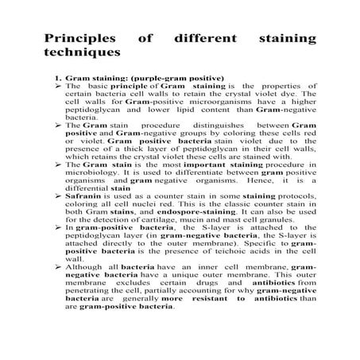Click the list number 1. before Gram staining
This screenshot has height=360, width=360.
58,79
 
